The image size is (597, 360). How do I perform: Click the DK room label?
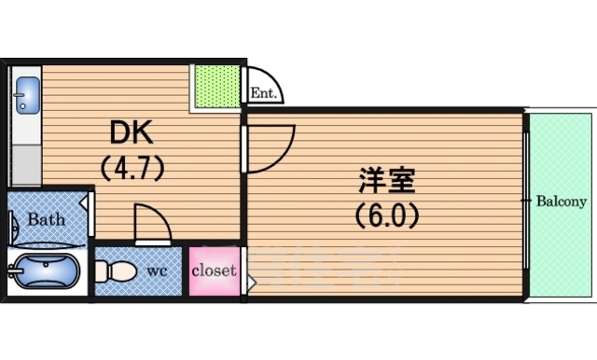[132, 132]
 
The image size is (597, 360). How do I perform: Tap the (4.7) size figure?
[132, 168]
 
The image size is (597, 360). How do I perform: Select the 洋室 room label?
[387, 181]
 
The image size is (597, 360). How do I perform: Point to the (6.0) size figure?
[387, 215]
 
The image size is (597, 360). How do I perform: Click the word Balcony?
[562, 201]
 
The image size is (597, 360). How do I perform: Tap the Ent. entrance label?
[263, 93]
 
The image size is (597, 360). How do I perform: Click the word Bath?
[46, 219]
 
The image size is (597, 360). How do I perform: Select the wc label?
[157, 271]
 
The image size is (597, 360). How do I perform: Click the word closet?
[214, 270]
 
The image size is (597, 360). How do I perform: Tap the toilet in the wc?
[116, 271]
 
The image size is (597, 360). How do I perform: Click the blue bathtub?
[46, 271]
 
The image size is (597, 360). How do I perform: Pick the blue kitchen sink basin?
[27, 95]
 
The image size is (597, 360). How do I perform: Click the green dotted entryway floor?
[217, 87]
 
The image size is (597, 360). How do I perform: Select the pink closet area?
[215, 271]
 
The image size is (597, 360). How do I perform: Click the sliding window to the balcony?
[526, 201]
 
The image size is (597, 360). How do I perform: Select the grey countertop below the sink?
[27, 165]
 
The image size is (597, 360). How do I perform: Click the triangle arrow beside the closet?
[252, 284]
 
